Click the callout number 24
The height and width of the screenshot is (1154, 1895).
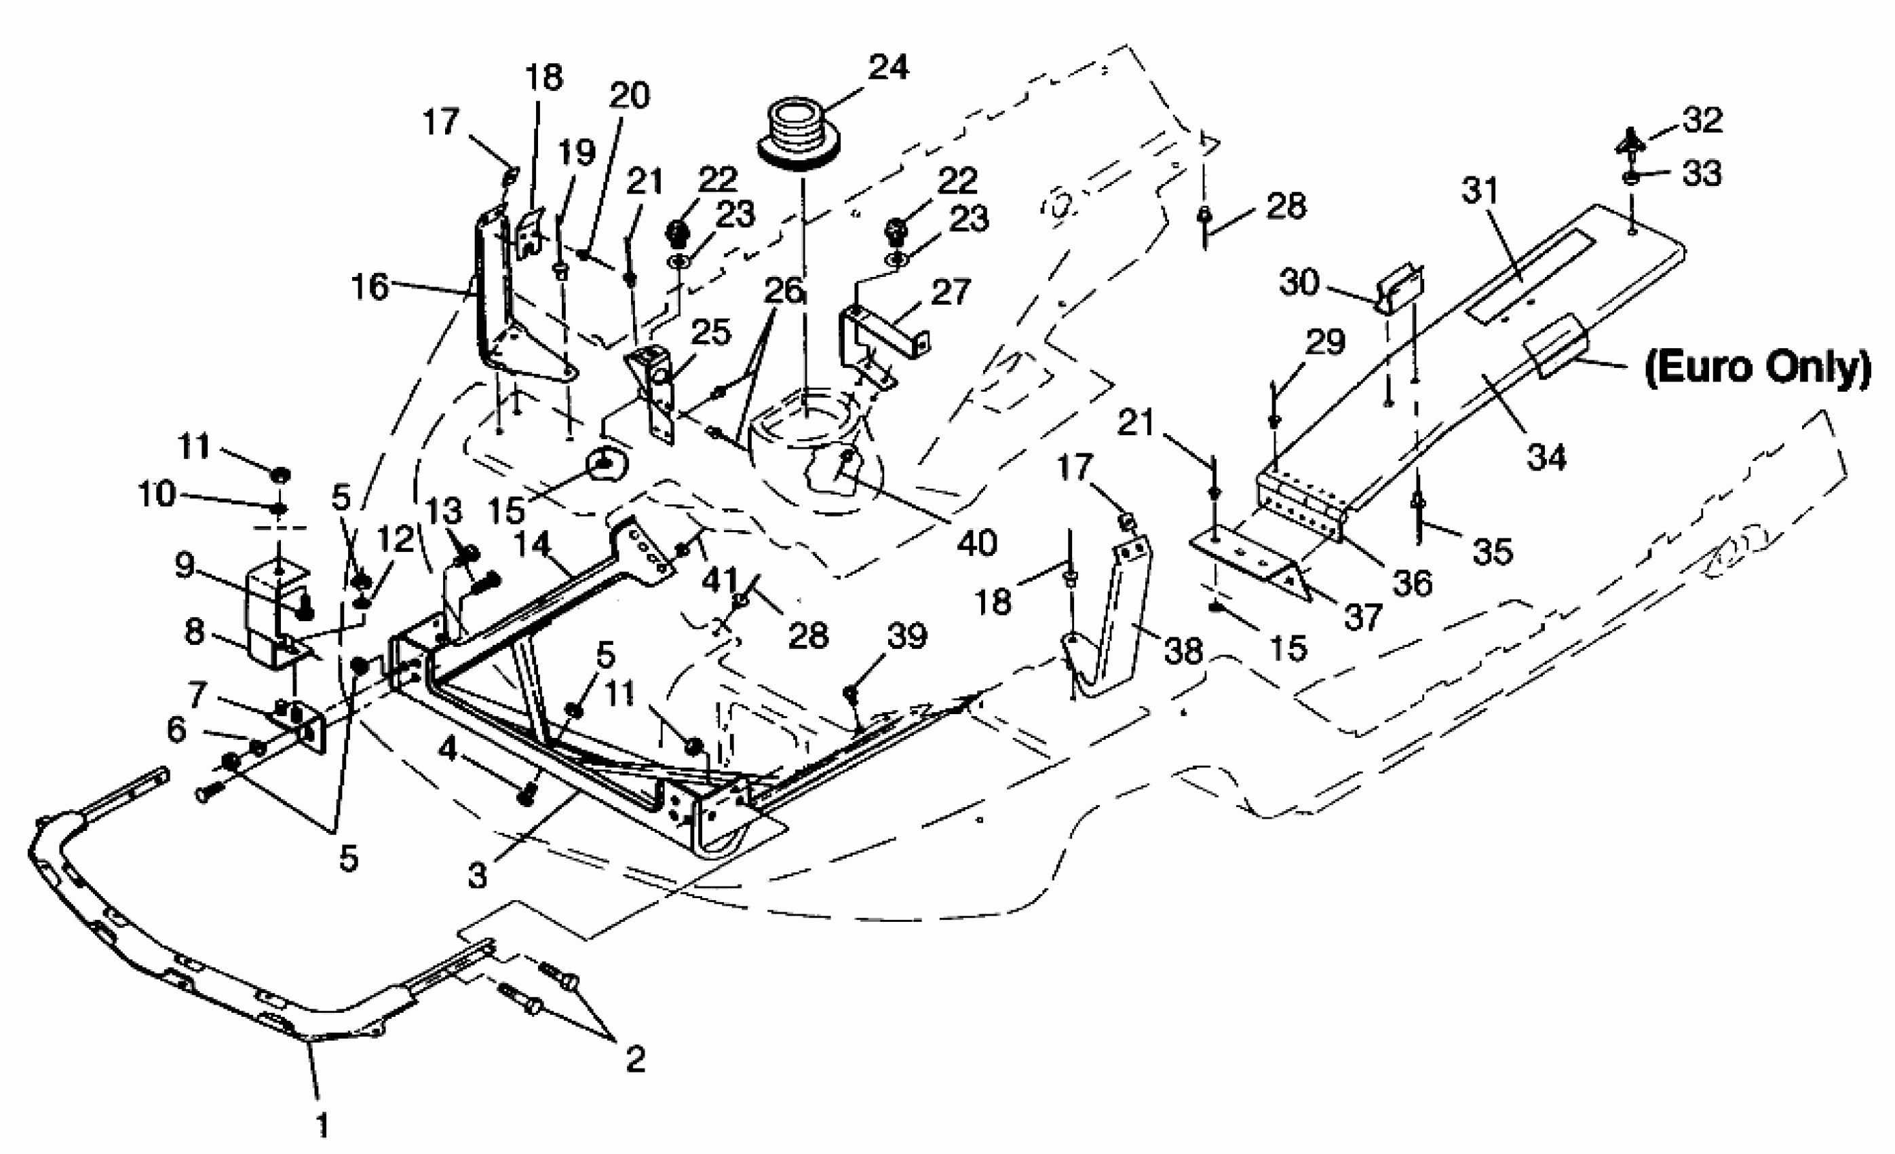coord(888,68)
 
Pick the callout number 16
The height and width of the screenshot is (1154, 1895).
coord(370,287)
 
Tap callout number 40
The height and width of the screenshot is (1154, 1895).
coord(977,543)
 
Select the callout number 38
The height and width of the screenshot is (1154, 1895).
coord(1183,652)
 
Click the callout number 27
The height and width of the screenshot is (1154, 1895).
coord(951,293)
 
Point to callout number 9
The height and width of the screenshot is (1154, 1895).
coord(185,566)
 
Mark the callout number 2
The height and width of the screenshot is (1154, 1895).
coord(635,1060)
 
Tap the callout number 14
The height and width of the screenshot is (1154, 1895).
coord(532,544)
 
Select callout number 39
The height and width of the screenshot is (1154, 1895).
coord(906,635)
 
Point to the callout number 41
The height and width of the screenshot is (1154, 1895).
coord(719,579)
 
